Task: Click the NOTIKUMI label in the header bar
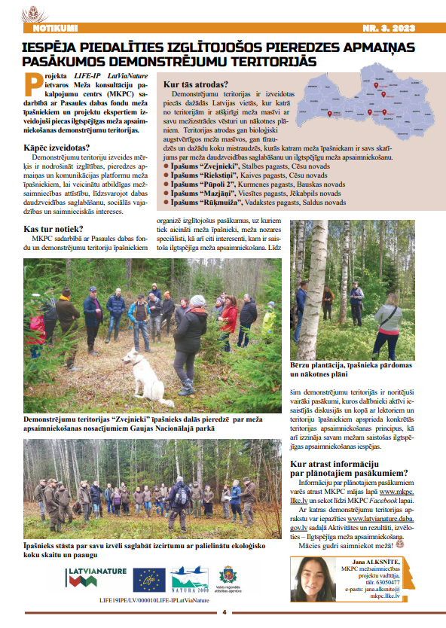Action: point(56,28)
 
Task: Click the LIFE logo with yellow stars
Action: point(149,580)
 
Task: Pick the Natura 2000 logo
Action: point(189,579)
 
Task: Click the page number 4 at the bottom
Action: point(224,611)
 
